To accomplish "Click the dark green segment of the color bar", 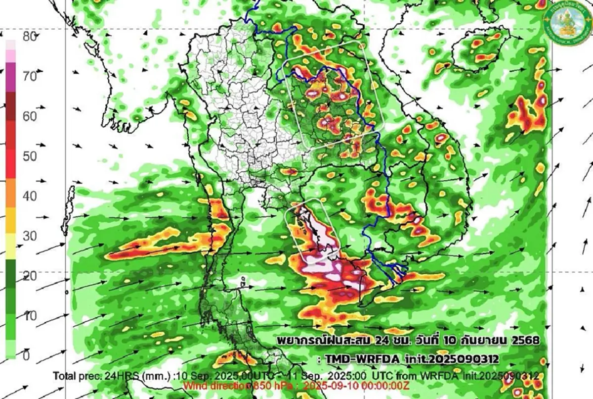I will (11, 282).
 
